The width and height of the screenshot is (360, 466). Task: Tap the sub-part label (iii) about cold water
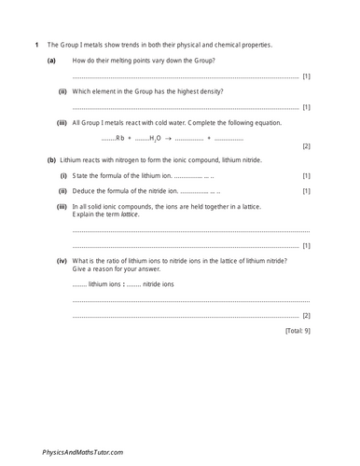pyautogui.click(x=62, y=122)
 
